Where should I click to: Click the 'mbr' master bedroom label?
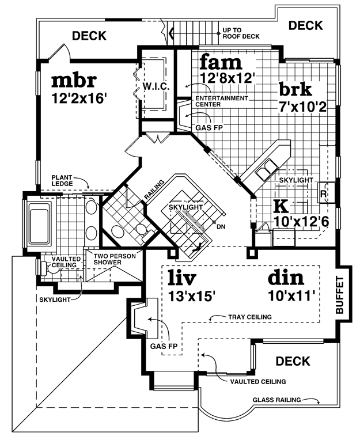74,81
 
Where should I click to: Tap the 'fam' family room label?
221,62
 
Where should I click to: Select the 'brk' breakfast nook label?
295,89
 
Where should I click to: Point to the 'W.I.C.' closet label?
156,86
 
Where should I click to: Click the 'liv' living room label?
182,278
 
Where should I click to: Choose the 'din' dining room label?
286,278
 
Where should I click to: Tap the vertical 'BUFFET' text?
339,295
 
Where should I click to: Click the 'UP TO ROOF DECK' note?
241,33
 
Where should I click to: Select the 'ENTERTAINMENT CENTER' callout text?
222,101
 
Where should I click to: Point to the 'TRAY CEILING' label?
250,317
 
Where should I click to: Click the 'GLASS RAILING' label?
276,400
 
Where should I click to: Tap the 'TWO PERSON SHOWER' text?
115,259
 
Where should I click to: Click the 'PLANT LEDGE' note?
62,180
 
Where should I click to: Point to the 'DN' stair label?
221,226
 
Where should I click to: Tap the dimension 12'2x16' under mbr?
79,98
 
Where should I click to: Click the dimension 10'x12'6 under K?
301,222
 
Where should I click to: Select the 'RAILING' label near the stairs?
154,189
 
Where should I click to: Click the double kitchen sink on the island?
267,170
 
